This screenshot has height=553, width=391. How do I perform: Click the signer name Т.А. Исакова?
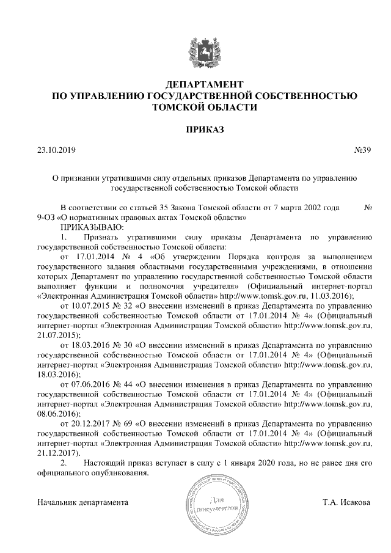(347, 502)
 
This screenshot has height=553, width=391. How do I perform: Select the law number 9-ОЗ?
(48, 217)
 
